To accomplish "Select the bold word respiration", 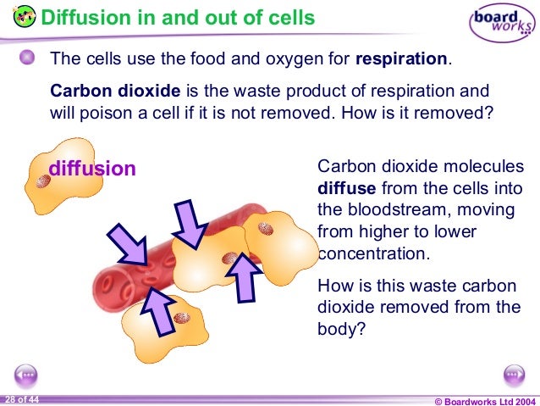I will coord(401,60).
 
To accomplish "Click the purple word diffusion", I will coord(92,169).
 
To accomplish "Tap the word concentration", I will coord(371,253).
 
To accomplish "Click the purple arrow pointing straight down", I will coord(191,221).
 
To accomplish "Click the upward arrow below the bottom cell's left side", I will coord(159,309).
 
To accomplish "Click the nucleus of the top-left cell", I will coord(43,181).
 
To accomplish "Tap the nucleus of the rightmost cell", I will coord(266,228).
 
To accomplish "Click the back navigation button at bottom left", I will coord(25,375).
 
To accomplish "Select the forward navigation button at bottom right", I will coord(515,375).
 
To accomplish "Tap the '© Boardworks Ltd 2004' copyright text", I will coord(483,399).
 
